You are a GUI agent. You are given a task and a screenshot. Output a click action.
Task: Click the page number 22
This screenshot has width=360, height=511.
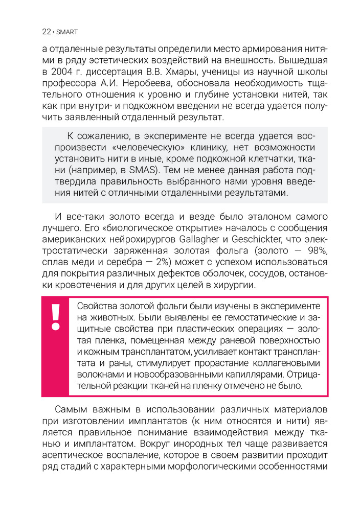coord(46,32)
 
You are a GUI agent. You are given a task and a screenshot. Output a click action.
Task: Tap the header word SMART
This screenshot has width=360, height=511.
coord(66,32)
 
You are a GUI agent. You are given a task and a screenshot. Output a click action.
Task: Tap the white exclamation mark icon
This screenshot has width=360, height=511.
coord(55,317)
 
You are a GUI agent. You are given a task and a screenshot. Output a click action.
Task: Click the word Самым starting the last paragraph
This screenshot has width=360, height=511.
coord(71,410)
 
